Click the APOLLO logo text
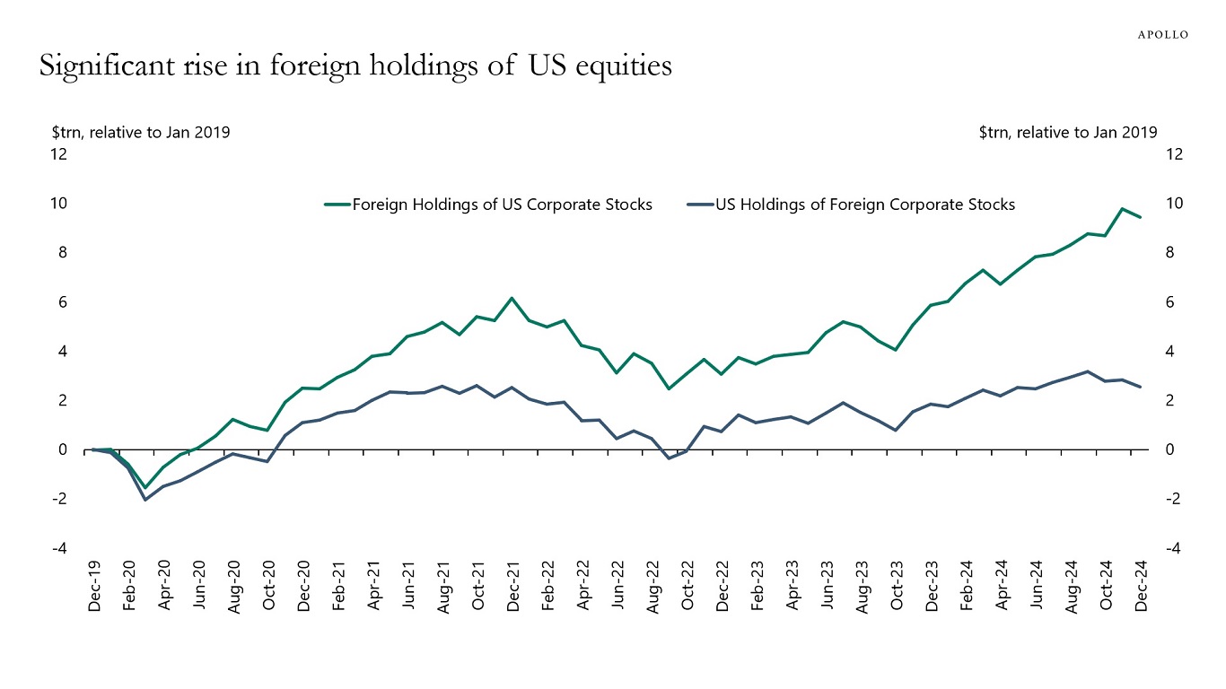click(x=1163, y=34)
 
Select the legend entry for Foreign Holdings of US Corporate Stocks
click(x=502, y=205)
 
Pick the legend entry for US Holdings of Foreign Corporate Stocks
click(x=864, y=205)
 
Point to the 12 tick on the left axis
click(x=59, y=154)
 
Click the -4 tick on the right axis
click(x=1172, y=548)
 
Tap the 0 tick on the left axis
click(x=63, y=449)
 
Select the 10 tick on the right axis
click(x=1174, y=204)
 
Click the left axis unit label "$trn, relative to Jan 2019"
click(x=141, y=132)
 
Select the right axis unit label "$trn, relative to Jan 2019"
click(x=1068, y=132)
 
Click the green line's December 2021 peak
click(x=512, y=298)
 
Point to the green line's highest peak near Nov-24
click(x=1123, y=209)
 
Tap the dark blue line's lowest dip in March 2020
click(x=145, y=500)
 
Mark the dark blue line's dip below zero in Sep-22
click(x=669, y=458)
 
